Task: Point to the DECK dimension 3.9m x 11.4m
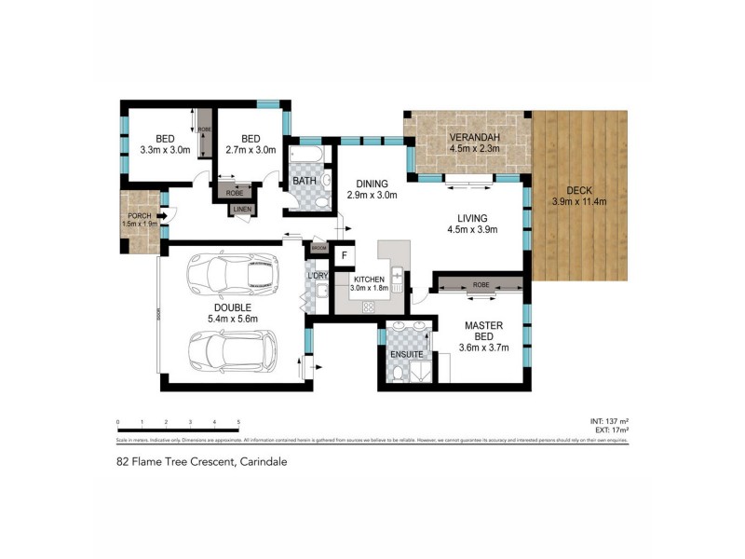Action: (578, 201)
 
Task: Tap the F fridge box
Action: (344, 255)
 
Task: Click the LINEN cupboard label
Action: (242, 209)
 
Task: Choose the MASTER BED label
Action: (483, 331)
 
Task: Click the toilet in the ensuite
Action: (399, 375)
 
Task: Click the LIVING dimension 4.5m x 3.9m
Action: (472, 229)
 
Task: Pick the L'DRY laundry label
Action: (316, 276)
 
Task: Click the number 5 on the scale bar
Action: (239, 422)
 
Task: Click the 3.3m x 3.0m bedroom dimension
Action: (164, 148)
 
